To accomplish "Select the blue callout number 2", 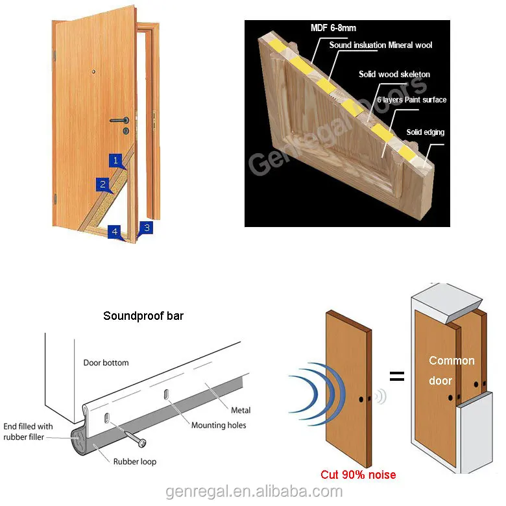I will pos(102,184).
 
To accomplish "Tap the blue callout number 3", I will pos(147,228).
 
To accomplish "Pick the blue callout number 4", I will pos(115,231).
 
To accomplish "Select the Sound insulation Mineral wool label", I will pos(380,45).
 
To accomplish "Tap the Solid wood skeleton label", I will pos(394,74).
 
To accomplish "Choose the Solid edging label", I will pos(425,132).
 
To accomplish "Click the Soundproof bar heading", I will pos(143,317).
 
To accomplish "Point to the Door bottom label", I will pos(106,363).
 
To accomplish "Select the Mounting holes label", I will pos(218,426).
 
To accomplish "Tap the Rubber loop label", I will pos(134,462).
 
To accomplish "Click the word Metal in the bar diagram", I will pos(241,410).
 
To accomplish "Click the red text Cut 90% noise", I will pos(358,475).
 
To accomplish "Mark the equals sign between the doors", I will pos(396,376).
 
